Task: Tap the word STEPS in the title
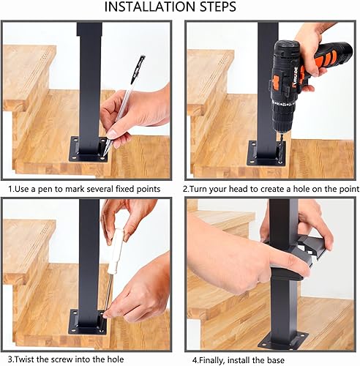coord(218,7)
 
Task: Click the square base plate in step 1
coord(89,149)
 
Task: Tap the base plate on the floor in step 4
coord(283,339)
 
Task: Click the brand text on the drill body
coord(294,78)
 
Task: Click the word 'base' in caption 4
coord(275,360)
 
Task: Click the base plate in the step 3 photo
coord(89,321)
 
